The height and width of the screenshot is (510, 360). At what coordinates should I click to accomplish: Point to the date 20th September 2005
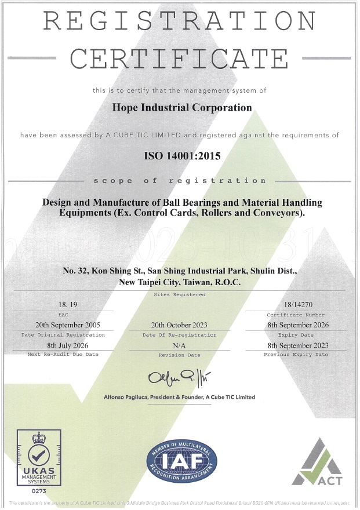63,325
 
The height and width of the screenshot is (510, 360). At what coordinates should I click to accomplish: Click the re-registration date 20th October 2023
179,325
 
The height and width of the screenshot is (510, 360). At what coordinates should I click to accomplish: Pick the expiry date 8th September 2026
298,325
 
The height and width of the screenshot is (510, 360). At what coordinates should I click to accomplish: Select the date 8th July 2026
63,345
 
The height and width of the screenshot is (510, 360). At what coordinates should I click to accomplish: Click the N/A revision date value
179,345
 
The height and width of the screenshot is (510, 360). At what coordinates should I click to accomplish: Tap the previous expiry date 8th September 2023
298,345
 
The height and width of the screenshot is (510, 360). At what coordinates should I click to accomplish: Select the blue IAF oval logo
181,461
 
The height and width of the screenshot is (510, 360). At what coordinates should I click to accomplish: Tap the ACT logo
317,462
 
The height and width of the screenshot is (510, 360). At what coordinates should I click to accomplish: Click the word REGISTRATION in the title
180,22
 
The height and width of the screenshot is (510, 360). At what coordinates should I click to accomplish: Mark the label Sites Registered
179,294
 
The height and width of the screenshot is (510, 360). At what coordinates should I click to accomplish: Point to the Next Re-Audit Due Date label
63,354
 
